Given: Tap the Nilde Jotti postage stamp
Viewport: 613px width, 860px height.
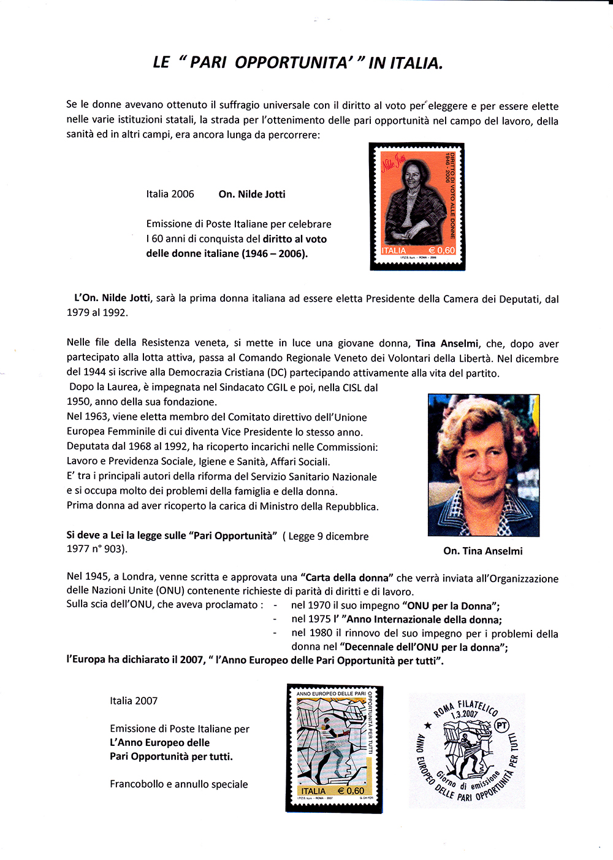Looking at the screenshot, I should pyautogui.click(x=417, y=207).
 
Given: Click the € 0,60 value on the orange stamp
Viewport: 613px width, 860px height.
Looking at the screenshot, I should pyautogui.click(x=441, y=250).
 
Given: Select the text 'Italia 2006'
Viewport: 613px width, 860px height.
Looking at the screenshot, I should pyautogui.click(x=170, y=194).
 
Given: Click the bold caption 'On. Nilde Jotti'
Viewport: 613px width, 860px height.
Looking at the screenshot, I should pyautogui.click(x=252, y=194).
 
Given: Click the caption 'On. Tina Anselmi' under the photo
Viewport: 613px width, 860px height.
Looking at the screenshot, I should pyautogui.click(x=483, y=551).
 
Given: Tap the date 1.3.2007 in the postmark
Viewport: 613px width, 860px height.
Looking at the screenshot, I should pyautogui.click(x=464, y=714).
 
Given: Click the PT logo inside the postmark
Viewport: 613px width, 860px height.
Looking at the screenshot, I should pyautogui.click(x=502, y=726).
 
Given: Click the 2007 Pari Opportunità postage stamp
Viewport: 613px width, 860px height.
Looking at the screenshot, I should pyautogui.click(x=334, y=748).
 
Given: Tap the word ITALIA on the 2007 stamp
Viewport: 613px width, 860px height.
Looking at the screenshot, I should pyautogui.click(x=313, y=791).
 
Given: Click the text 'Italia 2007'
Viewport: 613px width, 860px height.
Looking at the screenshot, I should pyautogui.click(x=134, y=701).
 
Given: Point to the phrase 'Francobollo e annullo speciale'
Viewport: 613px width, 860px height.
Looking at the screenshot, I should pyautogui.click(x=179, y=784).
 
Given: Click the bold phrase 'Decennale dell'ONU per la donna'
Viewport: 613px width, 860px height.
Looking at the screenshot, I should pyautogui.click(x=424, y=647).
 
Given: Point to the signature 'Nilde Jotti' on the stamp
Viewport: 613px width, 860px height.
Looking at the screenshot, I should pyautogui.click(x=394, y=163).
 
